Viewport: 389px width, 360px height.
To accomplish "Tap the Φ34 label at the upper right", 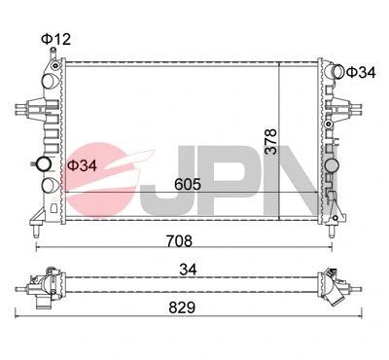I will point(361,72).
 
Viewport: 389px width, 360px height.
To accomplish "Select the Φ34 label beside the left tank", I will point(82,165).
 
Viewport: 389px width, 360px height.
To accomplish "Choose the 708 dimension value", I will point(181,239).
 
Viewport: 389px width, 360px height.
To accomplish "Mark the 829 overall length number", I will point(181,304).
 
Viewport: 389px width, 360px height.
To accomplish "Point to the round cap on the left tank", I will point(43,163).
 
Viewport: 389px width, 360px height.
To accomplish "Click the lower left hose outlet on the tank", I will point(46,184).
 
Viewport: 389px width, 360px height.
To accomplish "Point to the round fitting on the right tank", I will point(334,167).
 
